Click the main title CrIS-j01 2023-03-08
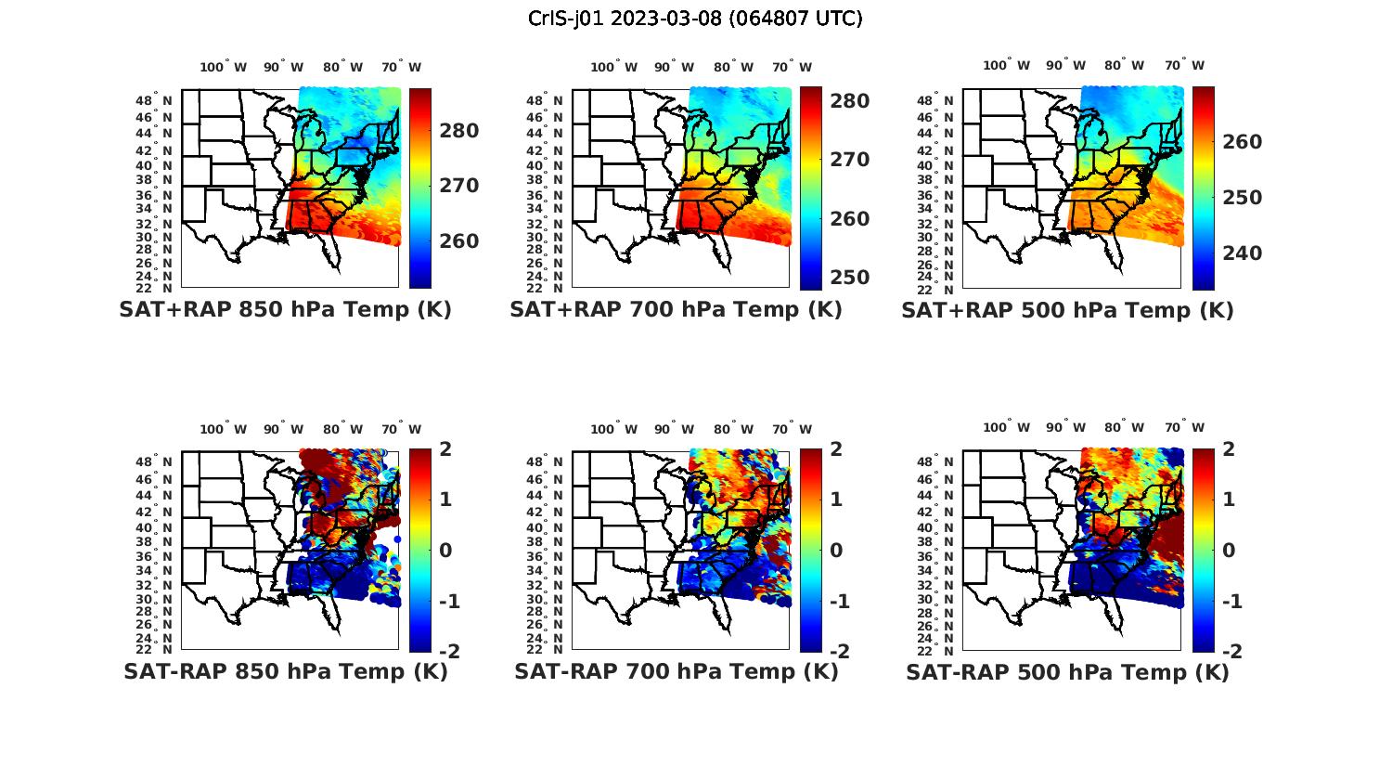click(695, 19)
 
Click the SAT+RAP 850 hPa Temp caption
click(285, 310)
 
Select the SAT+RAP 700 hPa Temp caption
click(676, 310)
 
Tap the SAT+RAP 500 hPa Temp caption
click(1067, 310)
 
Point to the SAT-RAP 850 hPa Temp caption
click(285, 671)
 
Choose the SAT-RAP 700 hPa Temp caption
click(676, 671)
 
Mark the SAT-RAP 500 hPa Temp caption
click(1067, 671)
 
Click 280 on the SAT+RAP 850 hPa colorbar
click(459, 131)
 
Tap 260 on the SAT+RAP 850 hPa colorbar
click(459, 241)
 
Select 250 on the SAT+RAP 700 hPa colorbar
click(850, 278)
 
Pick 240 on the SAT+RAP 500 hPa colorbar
click(1242, 253)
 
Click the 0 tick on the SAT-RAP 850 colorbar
click(445, 550)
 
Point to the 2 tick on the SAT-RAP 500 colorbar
click(1229, 449)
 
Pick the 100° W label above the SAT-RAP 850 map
click(224, 429)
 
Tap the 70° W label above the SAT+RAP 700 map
click(793, 67)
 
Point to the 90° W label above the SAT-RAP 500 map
click(1064, 427)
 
